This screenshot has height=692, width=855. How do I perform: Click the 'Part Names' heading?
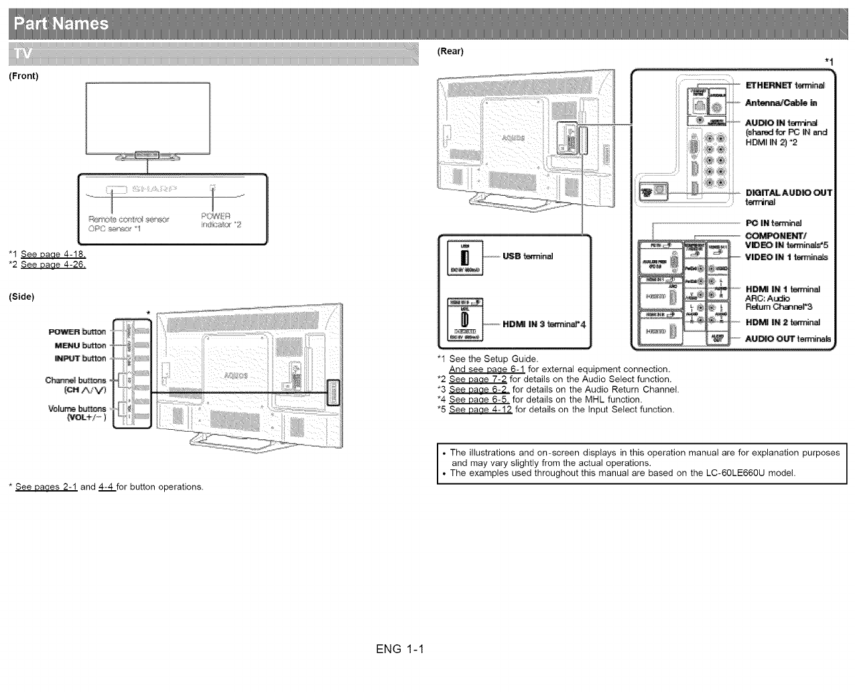[x=61, y=24]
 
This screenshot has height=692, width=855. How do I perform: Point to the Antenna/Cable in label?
[x=781, y=103]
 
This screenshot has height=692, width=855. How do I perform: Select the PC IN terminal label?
[x=773, y=223]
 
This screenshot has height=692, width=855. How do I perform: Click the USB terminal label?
[x=527, y=256]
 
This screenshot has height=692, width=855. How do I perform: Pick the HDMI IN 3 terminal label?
[x=544, y=325]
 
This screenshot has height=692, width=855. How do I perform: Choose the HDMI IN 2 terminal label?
[x=783, y=323]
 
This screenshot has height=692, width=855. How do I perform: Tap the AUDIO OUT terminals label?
[x=788, y=339]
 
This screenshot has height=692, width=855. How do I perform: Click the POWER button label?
[x=77, y=332]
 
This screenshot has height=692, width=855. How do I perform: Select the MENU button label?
[x=80, y=345]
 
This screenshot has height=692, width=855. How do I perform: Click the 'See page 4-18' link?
[x=53, y=254]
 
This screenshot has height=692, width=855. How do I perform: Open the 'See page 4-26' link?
[x=53, y=264]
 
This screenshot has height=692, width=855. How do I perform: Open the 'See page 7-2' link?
[x=478, y=380]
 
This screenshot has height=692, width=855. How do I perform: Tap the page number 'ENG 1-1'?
[x=401, y=649]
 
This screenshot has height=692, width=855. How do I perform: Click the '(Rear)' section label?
[x=450, y=52]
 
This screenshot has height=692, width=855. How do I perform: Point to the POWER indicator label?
[x=217, y=220]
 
